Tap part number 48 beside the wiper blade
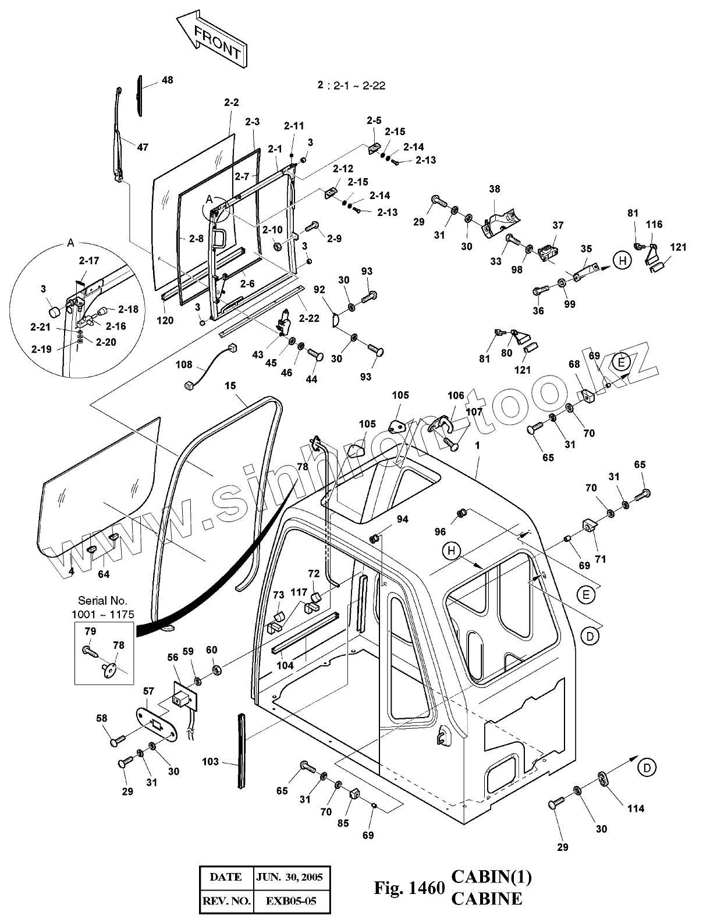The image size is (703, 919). pyautogui.click(x=167, y=80)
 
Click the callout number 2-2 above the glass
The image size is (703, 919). pyautogui.click(x=231, y=102)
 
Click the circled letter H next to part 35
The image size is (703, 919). pyautogui.click(x=623, y=260)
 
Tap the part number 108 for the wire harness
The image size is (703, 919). pyautogui.click(x=184, y=364)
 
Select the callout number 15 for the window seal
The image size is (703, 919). pyautogui.click(x=230, y=385)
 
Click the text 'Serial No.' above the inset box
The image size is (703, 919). pyautogui.click(x=102, y=601)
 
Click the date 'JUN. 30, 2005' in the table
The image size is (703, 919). pyautogui.click(x=289, y=877)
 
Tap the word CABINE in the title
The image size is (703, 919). pyautogui.click(x=487, y=899)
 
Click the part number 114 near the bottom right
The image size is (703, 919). pyautogui.click(x=635, y=808)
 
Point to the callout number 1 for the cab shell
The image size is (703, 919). pyautogui.click(x=477, y=446)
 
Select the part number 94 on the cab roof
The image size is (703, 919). pyautogui.click(x=402, y=519)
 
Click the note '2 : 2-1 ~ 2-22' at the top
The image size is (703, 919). pyautogui.click(x=351, y=86)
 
